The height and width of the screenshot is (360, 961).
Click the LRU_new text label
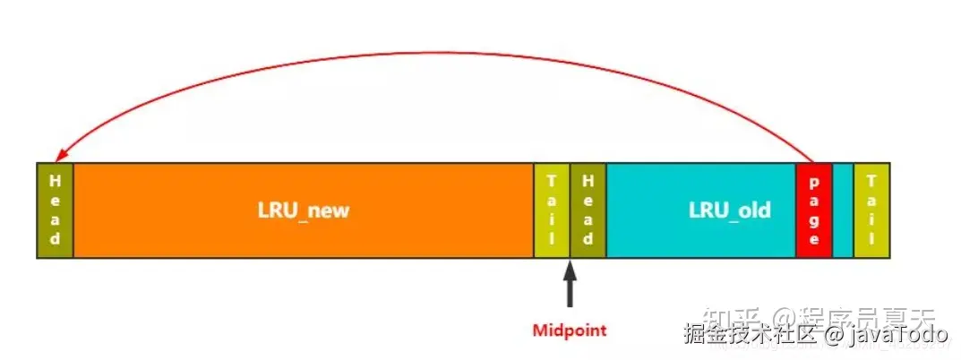coord(303,211)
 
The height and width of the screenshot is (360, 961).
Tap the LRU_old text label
coord(730,211)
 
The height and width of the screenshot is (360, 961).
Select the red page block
coord(813,211)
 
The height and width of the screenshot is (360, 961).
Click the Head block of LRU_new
coord(56,211)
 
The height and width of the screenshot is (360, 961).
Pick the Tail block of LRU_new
coord(552,211)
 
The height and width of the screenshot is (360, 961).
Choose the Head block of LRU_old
coord(588,211)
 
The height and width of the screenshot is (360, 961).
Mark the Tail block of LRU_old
coord(871,211)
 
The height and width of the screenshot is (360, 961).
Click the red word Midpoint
coord(570,330)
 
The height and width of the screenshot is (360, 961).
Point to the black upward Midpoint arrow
coord(570,285)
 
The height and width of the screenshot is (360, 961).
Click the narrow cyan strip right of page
coord(843,211)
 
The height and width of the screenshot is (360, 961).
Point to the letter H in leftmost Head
coord(56,180)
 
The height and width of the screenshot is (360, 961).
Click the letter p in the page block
coord(813,180)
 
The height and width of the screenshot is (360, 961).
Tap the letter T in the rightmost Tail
coord(871,180)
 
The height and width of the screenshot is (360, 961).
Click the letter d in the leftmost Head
coord(56,240)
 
